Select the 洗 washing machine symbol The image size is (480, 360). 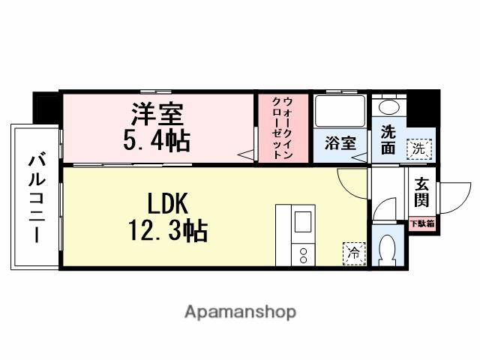point(419,148)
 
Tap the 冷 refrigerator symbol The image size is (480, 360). point(352,253)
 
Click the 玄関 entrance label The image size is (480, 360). point(421,191)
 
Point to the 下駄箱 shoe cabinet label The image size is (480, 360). point(421,223)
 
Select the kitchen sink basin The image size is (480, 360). point(304,223)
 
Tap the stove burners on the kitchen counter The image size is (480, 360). point(304,253)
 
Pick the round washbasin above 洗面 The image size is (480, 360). point(388,107)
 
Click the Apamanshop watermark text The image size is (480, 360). point(240,311)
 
